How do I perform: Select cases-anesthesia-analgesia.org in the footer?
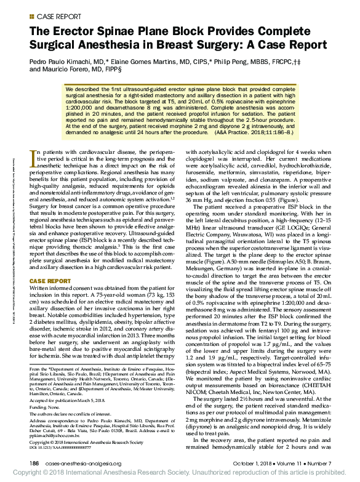[82, 464]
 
